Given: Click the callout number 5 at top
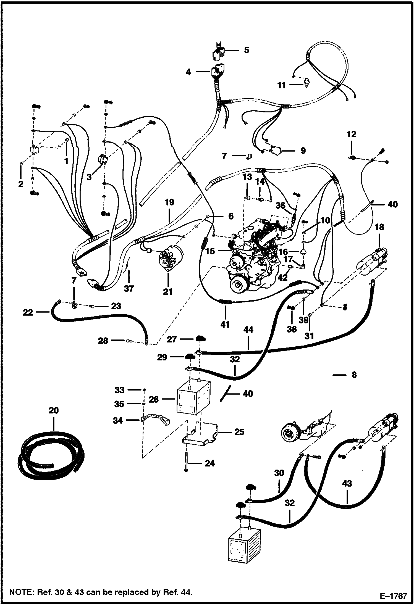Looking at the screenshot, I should point(246,50).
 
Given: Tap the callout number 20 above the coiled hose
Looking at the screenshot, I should point(54,410).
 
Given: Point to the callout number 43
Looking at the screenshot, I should point(347,483).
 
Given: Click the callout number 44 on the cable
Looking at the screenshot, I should point(248,330).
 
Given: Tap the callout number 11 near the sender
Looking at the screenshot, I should point(281,85).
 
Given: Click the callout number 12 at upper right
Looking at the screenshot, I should point(352,134).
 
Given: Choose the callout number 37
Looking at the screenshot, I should point(129,288).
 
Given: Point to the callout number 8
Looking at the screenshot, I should point(354,375).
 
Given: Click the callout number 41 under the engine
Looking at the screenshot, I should point(225,324).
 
